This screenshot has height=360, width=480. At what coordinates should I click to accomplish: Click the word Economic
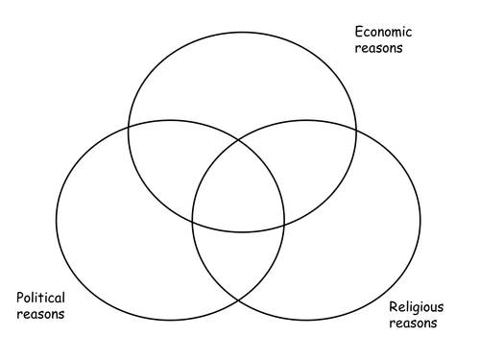pos(383,32)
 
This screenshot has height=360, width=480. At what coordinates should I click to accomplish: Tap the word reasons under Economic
pos(378,48)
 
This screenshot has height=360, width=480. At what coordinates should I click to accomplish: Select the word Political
pos(40,298)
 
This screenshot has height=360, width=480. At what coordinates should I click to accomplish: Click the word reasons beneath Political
pos(40,314)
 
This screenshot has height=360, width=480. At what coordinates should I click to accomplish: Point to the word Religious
pos(417,307)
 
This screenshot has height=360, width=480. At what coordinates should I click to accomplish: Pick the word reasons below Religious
pos(413,324)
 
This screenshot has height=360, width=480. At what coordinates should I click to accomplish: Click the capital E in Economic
pos(359,32)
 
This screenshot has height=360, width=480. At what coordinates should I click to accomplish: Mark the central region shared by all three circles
pos(238,189)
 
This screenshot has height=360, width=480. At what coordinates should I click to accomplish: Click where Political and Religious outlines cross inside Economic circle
pos(238,140)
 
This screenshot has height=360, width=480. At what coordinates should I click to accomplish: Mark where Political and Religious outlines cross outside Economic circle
pos(238,300)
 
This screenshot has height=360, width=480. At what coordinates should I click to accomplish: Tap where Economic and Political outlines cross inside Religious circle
pos(284,226)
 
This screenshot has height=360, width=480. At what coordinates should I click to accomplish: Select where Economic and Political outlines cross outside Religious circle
pos(129,128)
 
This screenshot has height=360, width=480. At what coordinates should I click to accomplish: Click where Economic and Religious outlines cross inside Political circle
pos(192,221)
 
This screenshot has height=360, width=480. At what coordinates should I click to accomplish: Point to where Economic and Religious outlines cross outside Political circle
pos(356,130)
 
